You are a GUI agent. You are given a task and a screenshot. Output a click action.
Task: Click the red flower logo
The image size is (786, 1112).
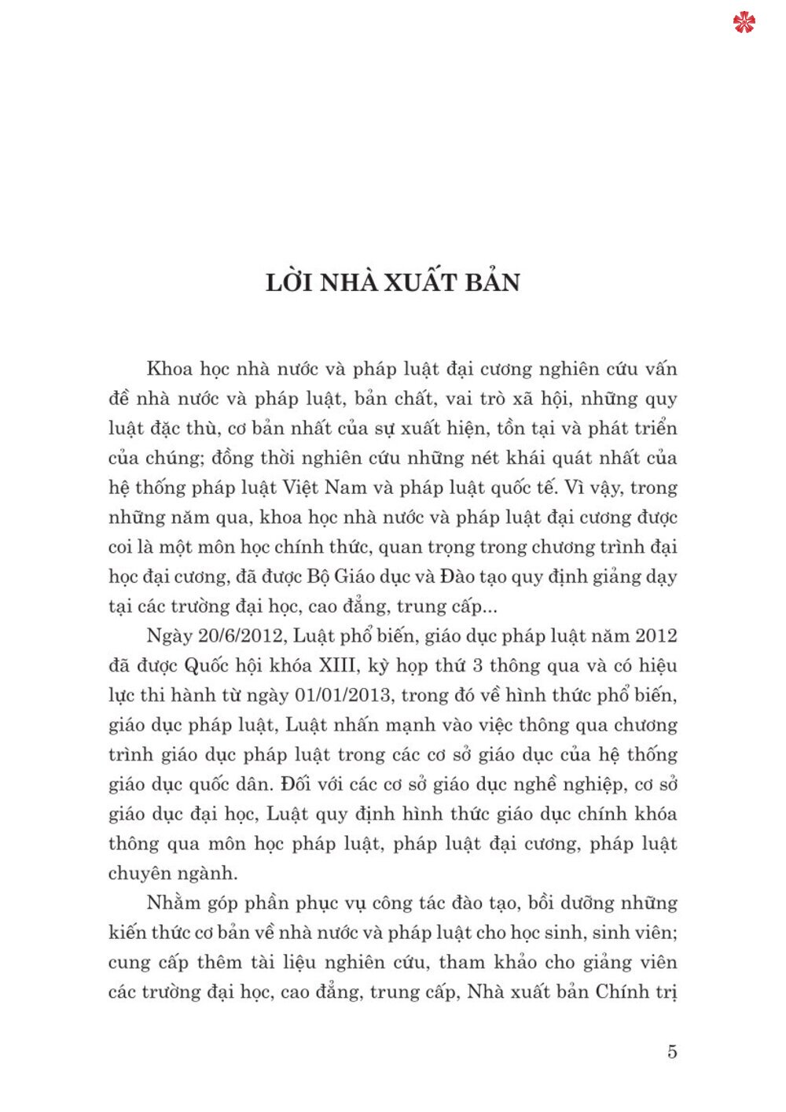[x=744, y=23]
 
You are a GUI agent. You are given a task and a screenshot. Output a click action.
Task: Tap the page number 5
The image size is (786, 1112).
[x=671, y=1051]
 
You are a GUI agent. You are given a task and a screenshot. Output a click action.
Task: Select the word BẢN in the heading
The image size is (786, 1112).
[x=492, y=282]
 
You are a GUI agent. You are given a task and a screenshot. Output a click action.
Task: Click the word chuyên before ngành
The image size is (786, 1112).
[x=141, y=874]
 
